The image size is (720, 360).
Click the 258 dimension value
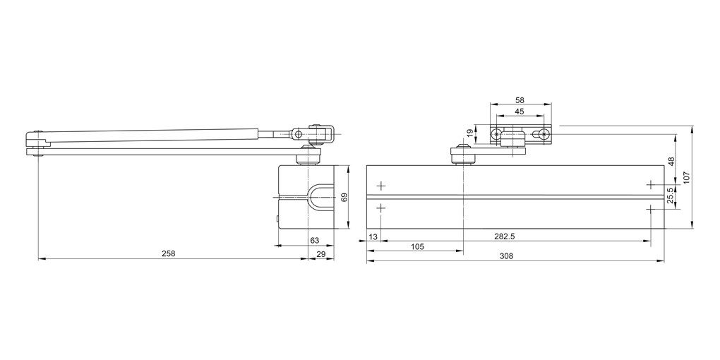(x=167, y=253)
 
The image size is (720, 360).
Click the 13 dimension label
(x=373, y=236)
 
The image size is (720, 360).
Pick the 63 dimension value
(x=314, y=241)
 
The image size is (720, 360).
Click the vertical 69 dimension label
(x=345, y=198)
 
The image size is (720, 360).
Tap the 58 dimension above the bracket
(x=520, y=101)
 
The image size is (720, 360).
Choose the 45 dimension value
(x=520, y=112)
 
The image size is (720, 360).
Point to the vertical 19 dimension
(x=470, y=133)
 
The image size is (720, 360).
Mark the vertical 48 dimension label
(x=671, y=160)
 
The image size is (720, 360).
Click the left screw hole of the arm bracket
(x=498, y=134)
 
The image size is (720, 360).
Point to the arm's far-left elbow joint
(x=37, y=141)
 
